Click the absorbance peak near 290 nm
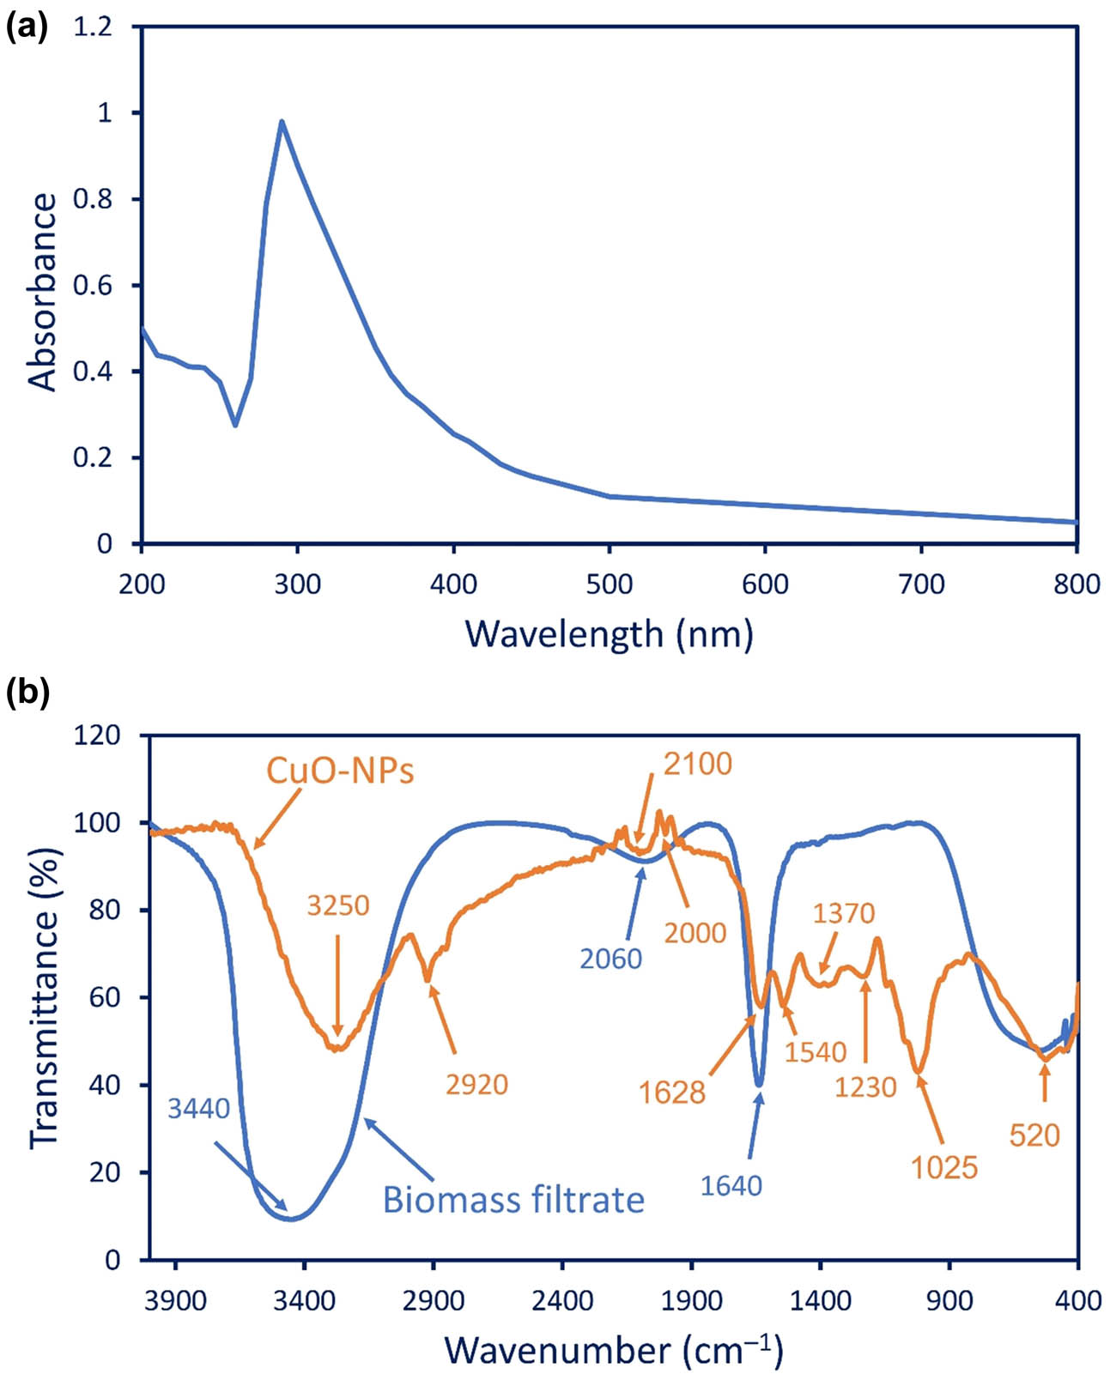click(x=282, y=121)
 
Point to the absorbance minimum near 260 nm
click(x=235, y=426)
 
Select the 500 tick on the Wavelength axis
click(x=610, y=584)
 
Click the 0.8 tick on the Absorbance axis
click(x=94, y=199)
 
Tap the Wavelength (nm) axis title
click(x=609, y=634)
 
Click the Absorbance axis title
click(x=43, y=292)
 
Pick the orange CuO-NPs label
click(x=340, y=771)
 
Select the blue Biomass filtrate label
click(x=513, y=1200)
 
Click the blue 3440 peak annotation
click(x=199, y=1109)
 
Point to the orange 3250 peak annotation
click(x=338, y=905)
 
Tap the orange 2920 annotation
click(x=477, y=1085)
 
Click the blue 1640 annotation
click(x=731, y=1186)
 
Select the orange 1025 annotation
click(x=945, y=1167)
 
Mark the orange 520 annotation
click(x=1034, y=1136)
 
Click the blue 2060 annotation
click(x=610, y=959)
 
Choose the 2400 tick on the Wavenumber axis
click(x=562, y=1301)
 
